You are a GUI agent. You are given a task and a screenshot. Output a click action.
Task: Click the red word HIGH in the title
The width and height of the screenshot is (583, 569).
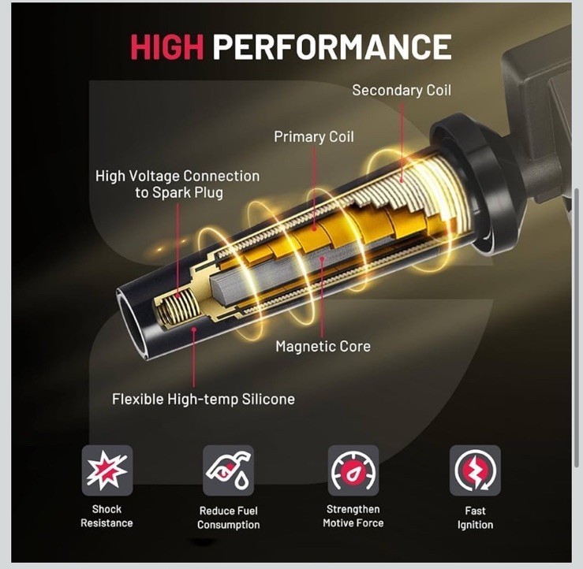pyautogui.click(x=167, y=46)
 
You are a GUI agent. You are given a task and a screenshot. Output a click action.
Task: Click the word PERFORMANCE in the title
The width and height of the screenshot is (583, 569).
pyautogui.click(x=332, y=46)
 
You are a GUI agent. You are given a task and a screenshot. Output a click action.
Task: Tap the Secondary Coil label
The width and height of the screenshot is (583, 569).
pyautogui.click(x=402, y=91)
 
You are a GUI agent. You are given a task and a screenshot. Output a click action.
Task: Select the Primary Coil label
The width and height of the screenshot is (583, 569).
pyautogui.click(x=314, y=136)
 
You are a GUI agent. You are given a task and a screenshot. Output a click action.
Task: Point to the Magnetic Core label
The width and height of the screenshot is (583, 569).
pyautogui.click(x=323, y=347)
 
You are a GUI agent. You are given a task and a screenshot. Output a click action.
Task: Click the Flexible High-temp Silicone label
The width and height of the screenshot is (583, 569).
pyautogui.click(x=204, y=400)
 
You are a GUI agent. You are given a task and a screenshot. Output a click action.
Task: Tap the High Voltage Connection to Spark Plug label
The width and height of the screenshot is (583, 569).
pyautogui.click(x=178, y=184)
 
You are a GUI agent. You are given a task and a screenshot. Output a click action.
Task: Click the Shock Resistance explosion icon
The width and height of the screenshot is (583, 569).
pyautogui.click(x=107, y=470)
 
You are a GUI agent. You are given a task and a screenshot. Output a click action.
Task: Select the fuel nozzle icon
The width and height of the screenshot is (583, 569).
pyautogui.click(x=228, y=470)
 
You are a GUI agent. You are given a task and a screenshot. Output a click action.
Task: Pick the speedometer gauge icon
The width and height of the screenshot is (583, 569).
pyautogui.click(x=353, y=470)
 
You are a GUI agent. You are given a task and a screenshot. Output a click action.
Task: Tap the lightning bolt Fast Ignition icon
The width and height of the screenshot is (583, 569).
pyautogui.click(x=475, y=470)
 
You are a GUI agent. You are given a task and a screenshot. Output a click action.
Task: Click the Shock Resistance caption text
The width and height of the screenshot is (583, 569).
pyautogui.click(x=107, y=516)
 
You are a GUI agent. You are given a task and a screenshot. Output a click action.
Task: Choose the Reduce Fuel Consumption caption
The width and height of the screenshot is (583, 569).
pyautogui.click(x=228, y=518)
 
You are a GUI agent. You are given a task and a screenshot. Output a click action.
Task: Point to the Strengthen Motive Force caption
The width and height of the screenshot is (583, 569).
pyautogui.click(x=353, y=516)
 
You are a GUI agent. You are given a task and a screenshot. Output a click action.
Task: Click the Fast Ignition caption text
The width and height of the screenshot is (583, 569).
pyautogui.click(x=475, y=518)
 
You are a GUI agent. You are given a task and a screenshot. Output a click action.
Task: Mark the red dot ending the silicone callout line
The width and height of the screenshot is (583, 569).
pyautogui.click(x=194, y=329)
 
